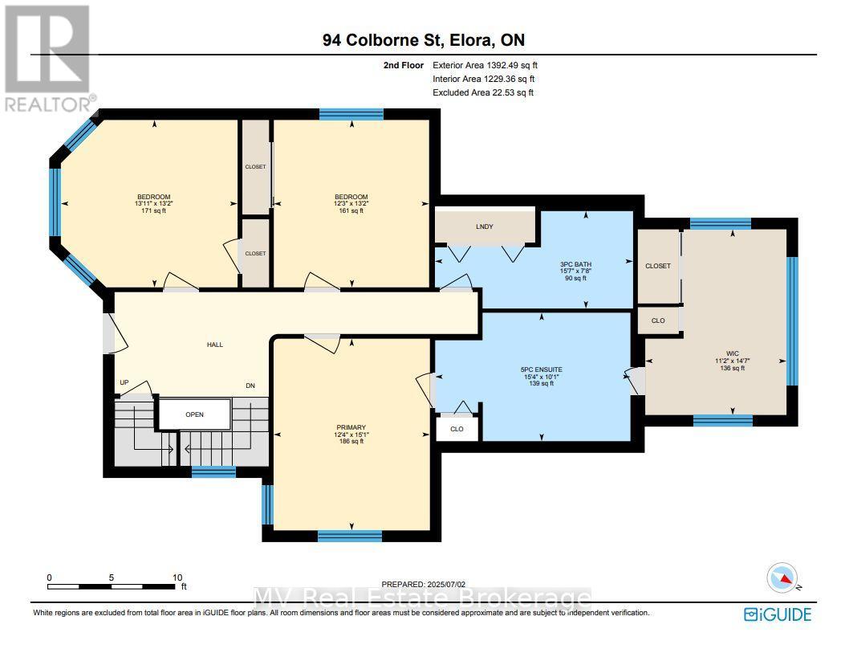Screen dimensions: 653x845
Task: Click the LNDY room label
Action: tap(484, 227)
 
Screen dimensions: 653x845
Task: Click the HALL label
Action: tap(214, 345)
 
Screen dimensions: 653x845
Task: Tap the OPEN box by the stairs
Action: tap(194, 414)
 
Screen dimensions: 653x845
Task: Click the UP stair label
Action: tap(124, 382)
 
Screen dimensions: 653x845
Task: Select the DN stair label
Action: tap(250, 386)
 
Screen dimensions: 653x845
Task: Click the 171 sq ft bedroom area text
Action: tap(153, 211)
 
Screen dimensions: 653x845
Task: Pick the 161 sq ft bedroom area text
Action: tap(351, 211)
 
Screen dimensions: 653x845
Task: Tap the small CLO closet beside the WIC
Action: tap(657, 320)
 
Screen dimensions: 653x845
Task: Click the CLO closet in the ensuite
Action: tap(457, 429)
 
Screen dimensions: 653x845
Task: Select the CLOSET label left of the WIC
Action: tap(657, 266)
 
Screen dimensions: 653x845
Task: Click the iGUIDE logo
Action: tap(778, 614)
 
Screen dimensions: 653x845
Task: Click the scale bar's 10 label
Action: tap(177, 577)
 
